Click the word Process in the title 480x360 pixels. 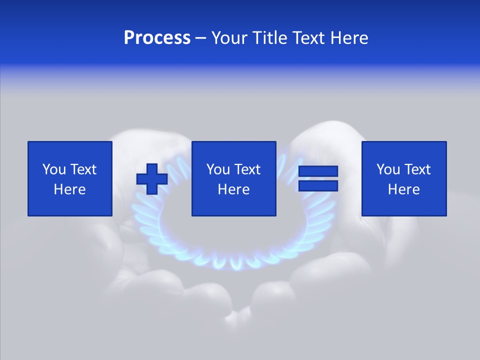point(157,38)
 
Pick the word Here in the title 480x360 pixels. point(349,38)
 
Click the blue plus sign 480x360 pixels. point(152,179)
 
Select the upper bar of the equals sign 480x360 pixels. point(318,171)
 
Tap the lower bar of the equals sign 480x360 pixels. point(318,186)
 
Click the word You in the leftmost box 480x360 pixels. point(54,169)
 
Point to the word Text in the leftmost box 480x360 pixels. point(83,169)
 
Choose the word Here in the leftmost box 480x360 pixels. point(69,189)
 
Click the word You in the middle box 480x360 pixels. point(218,169)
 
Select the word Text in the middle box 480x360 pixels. point(247,169)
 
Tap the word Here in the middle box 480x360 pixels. point(233,189)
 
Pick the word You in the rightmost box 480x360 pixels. point(388,169)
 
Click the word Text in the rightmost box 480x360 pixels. point(417,169)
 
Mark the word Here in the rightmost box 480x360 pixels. point(403,189)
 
